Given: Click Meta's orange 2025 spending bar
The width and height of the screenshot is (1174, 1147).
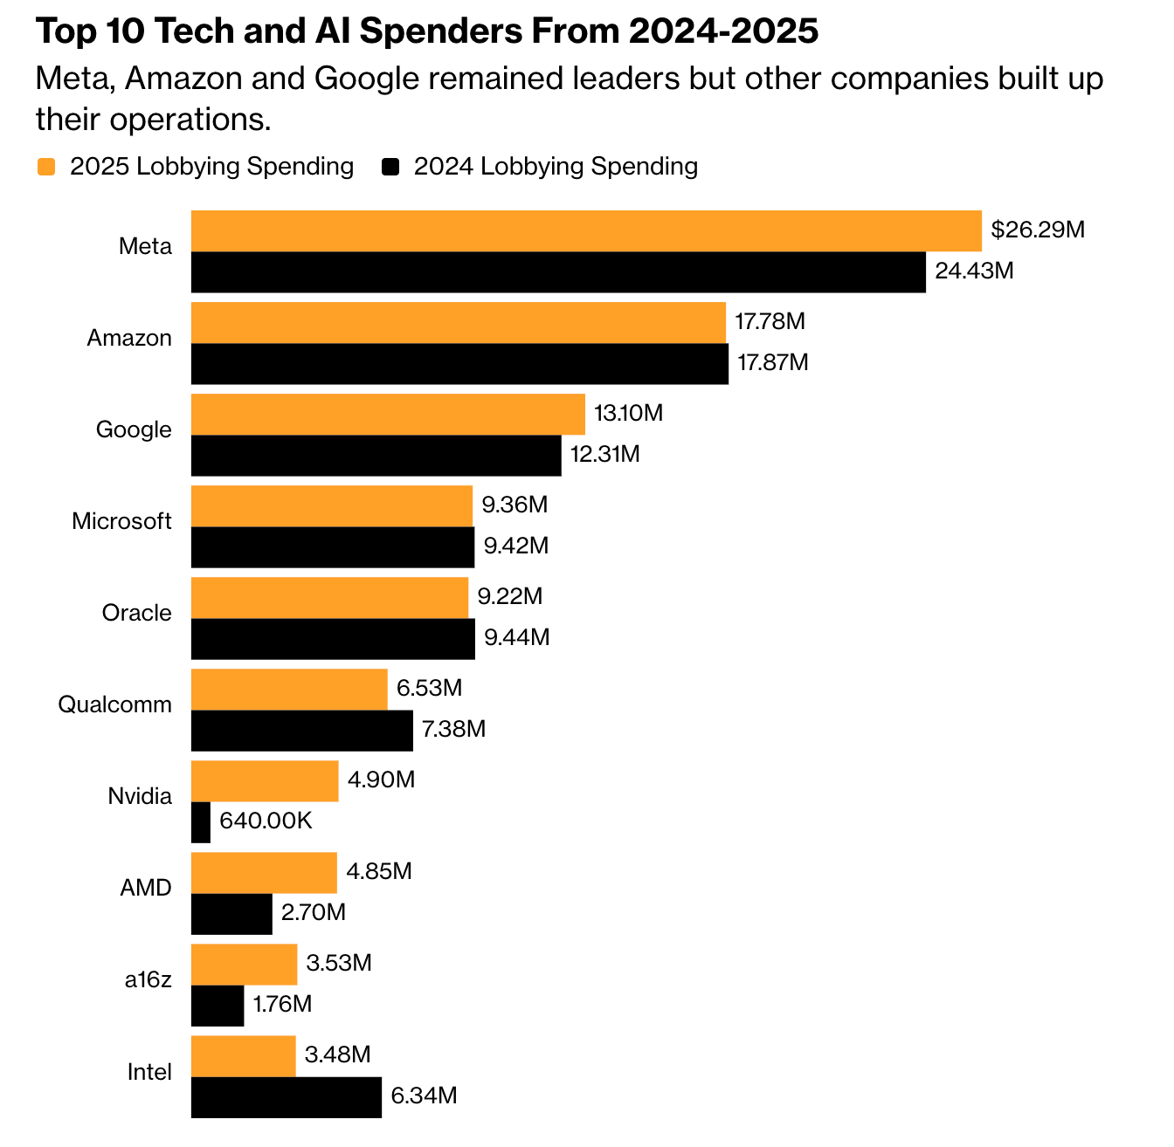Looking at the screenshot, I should coord(586,231).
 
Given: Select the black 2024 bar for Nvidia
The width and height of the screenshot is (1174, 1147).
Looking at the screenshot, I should coord(201,822).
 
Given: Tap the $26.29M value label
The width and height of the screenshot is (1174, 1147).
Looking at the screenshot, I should coord(1038,230).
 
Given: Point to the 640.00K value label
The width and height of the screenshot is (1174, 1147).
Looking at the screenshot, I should coord(266,821).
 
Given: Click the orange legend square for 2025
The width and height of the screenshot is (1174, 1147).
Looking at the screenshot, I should coord(46,167).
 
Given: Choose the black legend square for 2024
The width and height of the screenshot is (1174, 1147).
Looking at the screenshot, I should coord(390,167).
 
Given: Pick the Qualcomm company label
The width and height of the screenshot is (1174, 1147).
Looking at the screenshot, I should coord(114,704).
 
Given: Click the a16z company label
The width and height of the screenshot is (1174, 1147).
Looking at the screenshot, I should coord(148,979).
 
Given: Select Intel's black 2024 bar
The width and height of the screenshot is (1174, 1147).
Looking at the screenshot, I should coord(287,1097).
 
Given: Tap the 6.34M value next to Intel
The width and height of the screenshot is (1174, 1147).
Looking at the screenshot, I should coord(424,1095).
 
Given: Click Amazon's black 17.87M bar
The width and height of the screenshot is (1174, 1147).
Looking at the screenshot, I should coord(459,364).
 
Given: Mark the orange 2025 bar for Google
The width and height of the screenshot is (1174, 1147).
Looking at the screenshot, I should coord(388,414).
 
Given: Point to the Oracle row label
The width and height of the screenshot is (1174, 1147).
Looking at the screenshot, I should coord(136,613).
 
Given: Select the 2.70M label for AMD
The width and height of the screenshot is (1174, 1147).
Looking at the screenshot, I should coord(314,913).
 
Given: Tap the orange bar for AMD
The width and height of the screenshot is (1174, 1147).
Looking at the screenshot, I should coord(264,873).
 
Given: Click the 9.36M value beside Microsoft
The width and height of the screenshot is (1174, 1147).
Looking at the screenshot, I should coord(514,505).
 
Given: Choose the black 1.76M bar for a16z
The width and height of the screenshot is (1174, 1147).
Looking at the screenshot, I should coord(218,1006).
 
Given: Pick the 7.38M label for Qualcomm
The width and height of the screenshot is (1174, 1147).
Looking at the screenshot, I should coord(453,729).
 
